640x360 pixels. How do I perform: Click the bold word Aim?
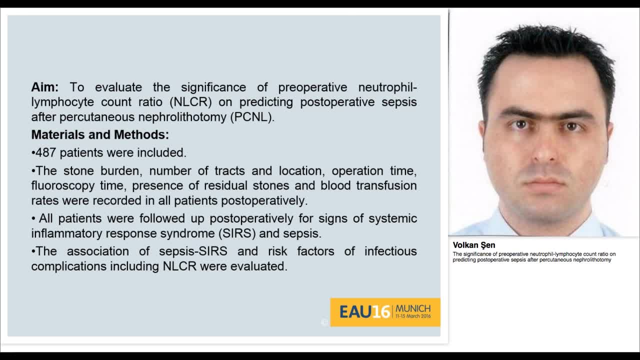pyautogui.click(x=45, y=87)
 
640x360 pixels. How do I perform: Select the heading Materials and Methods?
pyautogui.click(x=100, y=134)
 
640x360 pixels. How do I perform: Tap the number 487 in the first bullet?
pyautogui.click(x=46, y=152)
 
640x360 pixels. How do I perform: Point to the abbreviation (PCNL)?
pyautogui.click(x=252, y=117)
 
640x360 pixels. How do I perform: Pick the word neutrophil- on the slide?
pyautogui.click(x=387, y=87)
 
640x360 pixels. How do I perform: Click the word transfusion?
pyautogui.click(x=386, y=185)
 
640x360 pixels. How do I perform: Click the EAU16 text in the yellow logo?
pyautogui.click(x=364, y=312)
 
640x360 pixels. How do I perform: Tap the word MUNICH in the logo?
pyautogui.click(x=413, y=308)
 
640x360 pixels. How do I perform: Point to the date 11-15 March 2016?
pyautogui.click(x=413, y=316)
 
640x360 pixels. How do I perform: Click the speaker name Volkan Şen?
pyautogui.click(x=474, y=245)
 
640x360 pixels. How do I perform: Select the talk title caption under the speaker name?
pyautogui.click(x=533, y=257)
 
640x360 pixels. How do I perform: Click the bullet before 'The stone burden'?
pyautogui.click(x=33, y=171)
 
